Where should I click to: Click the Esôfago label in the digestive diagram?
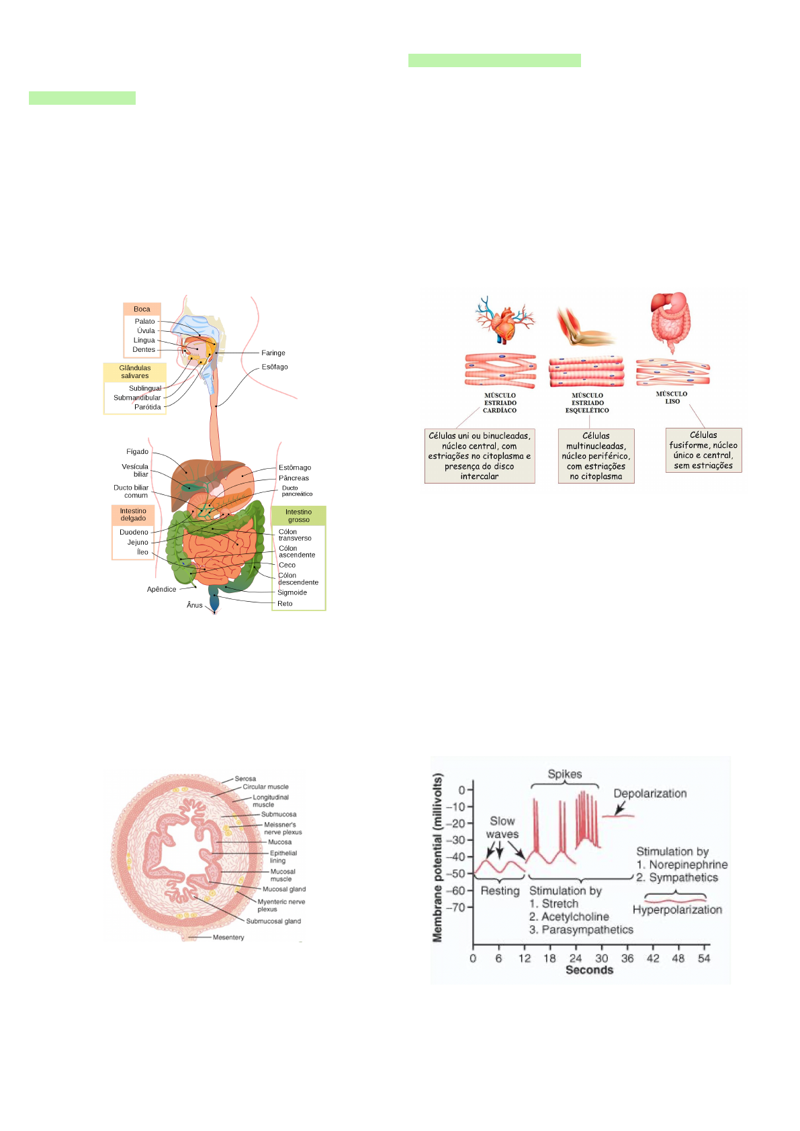(275, 367)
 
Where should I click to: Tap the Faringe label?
(273, 353)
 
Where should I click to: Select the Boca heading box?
(142, 309)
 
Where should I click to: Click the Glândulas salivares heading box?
(135, 372)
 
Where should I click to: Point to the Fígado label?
(137, 451)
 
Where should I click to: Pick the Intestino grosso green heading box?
(298, 516)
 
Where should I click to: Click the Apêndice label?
(161, 589)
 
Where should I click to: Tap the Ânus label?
(195, 605)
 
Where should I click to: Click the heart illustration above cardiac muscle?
(504, 319)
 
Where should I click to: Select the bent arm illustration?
(584, 326)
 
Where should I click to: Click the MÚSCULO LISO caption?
(672, 398)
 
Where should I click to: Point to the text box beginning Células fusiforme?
(703, 450)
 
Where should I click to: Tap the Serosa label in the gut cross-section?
(245, 778)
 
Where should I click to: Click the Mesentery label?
(228, 937)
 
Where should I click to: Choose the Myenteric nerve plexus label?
(281, 905)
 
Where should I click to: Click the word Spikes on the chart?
(564, 774)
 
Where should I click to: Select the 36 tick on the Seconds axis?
(627, 958)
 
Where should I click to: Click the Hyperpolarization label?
(677, 909)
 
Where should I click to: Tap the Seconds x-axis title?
(589, 970)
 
